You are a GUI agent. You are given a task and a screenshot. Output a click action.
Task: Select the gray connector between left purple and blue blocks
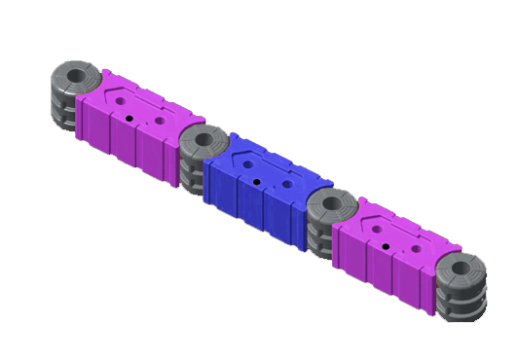[x=202, y=156]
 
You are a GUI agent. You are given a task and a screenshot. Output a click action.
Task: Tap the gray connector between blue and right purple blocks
[x=329, y=222]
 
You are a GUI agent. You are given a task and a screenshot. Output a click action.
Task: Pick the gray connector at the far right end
[x=460, y=287]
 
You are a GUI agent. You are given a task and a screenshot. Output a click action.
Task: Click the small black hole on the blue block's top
[x=254, y=180]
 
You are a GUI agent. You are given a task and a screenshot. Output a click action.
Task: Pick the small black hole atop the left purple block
[x=129, y=117]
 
